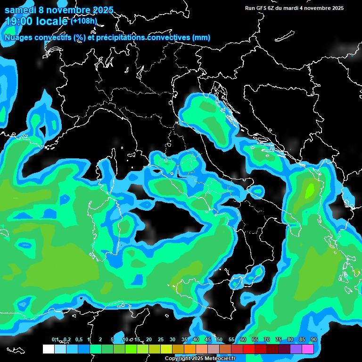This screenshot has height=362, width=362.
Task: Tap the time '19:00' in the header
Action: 20,21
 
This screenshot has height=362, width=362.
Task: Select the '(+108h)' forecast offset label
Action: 83,21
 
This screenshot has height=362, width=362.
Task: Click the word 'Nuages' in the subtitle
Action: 19,37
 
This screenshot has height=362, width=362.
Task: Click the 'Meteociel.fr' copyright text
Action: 220,359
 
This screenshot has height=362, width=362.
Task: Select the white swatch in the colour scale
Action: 49,349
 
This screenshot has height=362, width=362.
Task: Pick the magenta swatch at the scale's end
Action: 308,349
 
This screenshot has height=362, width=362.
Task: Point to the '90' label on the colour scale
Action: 313,340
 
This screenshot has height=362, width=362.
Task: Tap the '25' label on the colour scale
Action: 161,340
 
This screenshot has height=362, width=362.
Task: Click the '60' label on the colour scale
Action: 243,340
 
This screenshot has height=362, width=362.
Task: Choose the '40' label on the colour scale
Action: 196,340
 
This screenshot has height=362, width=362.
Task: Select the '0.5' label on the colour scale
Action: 78,340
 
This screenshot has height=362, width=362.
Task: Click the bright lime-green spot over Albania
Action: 309,190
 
